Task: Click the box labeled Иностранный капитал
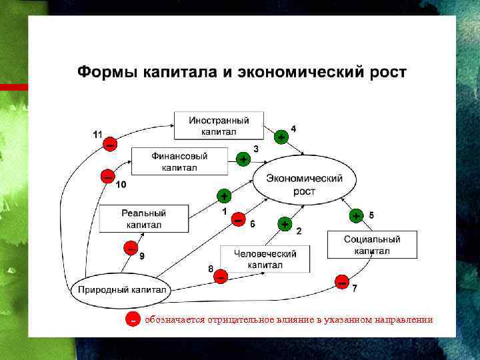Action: click(x=219, y=126)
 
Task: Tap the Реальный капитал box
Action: click(x=143, y=219)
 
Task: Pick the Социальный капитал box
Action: click(x=372, y=245)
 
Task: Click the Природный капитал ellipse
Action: click(x=123, y=290)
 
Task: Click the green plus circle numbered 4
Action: click(x=282, y=136)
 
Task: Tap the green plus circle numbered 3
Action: click(x=243, y=159)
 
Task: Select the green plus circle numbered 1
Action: click(x=224, y=196)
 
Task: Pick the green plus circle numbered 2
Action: click(x=285, y=224)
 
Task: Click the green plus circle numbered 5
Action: click(x=357, y=216)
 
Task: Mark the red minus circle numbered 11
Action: click(x=109, y=144)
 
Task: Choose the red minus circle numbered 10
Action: click(x=107, y=176)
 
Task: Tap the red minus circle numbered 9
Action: click(x=131, y=249)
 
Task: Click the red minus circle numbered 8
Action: click(x=221, y=275)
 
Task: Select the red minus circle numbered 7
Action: click(x=342, y=281)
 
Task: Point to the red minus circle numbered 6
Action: click(x=238, y=219)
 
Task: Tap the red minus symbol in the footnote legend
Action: click(x=133, y=319)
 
